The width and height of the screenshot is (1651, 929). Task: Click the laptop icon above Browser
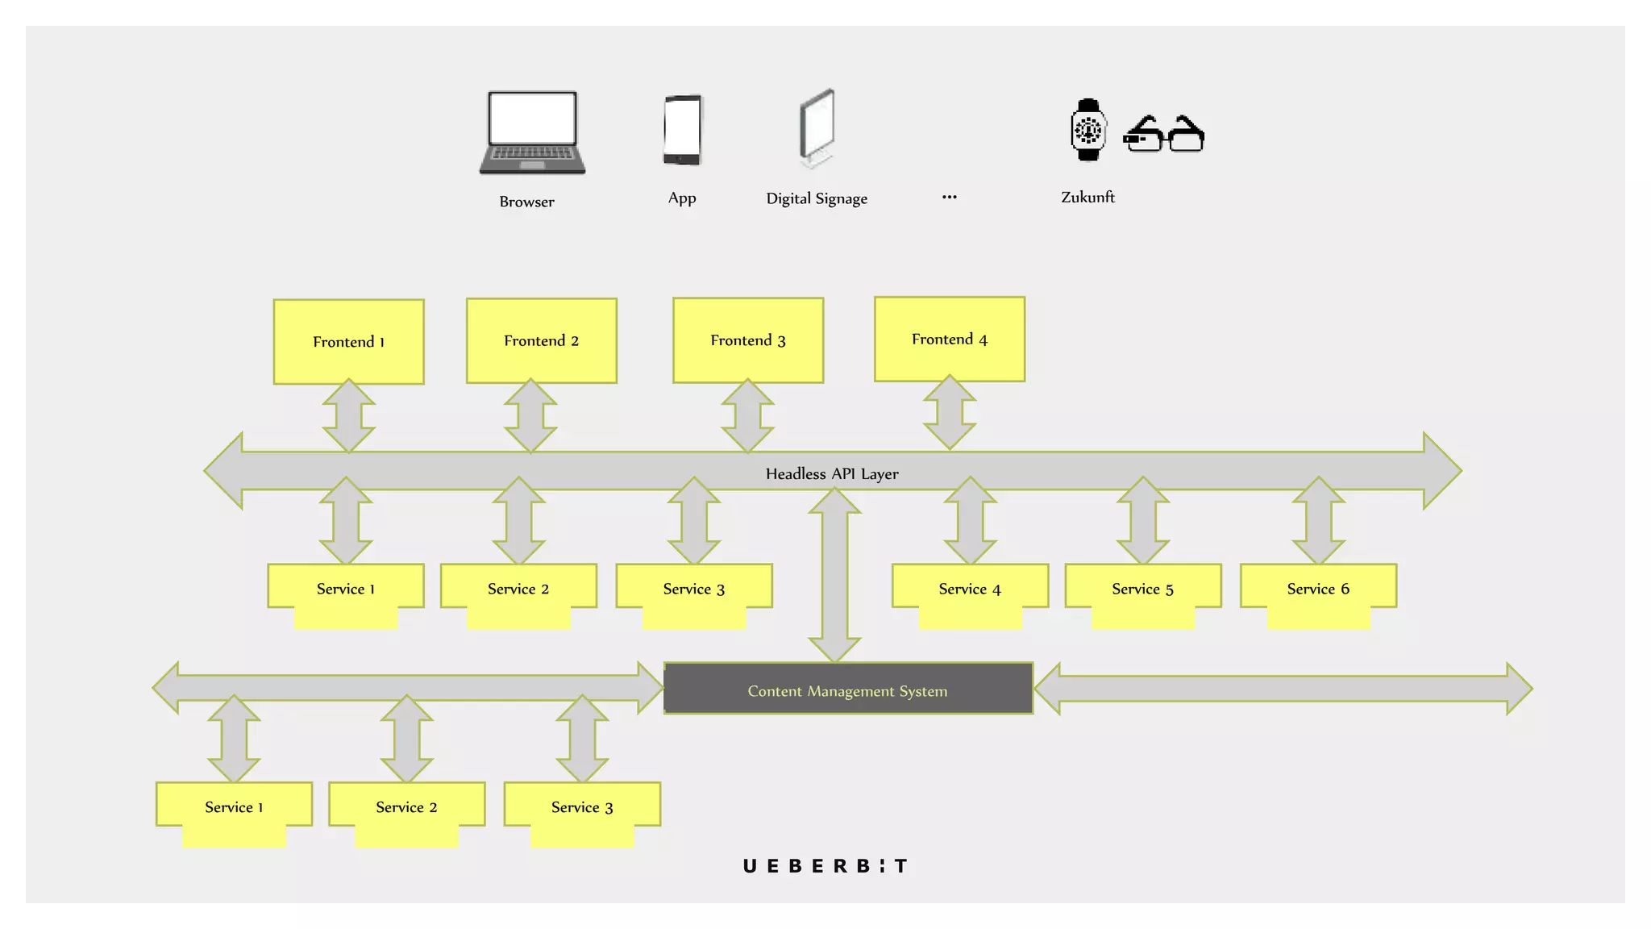532,132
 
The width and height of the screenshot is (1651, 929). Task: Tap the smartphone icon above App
682,130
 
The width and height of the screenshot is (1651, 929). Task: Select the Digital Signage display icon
817,128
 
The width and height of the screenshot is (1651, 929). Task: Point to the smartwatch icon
1087,130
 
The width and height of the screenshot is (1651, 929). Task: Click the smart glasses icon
1163,134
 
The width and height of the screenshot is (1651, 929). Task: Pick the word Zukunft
1087,197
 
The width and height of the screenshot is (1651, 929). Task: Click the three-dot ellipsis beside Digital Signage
950,197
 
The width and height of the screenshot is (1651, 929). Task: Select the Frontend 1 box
348,341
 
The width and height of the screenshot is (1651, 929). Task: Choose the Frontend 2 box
542,340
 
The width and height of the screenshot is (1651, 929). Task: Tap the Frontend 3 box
748,340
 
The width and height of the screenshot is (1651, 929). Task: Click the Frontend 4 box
950,339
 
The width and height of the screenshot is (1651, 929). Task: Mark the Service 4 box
970,589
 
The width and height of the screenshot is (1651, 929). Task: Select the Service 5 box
1142,589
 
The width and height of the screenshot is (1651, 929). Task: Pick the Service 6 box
1318,589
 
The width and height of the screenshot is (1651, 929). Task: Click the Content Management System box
848,689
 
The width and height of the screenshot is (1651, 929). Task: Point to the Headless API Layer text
832,473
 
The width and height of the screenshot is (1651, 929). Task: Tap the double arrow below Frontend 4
950,412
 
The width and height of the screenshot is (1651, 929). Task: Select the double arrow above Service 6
1318,520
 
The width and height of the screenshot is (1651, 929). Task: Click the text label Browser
526,202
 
